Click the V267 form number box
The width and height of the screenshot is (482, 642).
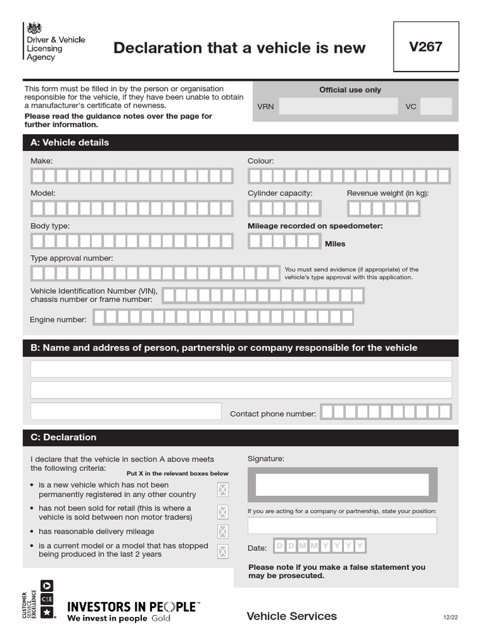426,48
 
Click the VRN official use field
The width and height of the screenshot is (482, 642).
338,107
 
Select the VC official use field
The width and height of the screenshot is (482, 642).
436,107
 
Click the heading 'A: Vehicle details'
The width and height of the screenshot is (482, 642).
70,142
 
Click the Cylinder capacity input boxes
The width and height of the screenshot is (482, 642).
284,209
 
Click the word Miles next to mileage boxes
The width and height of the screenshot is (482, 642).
335,244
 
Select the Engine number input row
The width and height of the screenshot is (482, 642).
223,317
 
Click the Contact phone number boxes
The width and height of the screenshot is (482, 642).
386,411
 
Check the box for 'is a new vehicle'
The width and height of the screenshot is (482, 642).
223,490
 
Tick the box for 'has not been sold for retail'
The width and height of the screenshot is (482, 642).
223,512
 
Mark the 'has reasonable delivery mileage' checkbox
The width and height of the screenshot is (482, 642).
223,532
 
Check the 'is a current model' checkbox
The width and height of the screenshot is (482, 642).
223,551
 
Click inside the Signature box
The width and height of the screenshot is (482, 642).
342,485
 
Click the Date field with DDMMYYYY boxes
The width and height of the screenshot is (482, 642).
319,546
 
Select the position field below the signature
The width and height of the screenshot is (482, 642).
342,525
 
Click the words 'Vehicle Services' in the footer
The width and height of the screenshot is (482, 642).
292,616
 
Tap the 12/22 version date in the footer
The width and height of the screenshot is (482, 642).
451,618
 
